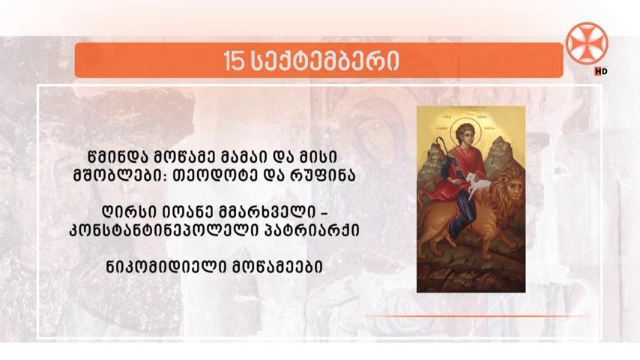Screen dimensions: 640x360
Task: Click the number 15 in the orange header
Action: (x=234, y=61)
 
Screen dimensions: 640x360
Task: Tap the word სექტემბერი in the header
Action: (x=324, y=61)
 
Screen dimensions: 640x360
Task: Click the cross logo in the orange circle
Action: (x=587, y=43)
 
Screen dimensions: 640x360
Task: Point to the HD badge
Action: (x=601, y=71)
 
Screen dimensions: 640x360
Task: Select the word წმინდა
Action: (x=115, y=157)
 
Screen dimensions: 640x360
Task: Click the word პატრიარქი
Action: (x=313, y=231)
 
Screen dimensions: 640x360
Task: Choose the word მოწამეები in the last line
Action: (x=277, y=267)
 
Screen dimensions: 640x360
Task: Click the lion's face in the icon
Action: (x=513, y=192)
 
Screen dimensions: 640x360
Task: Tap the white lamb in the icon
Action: (x=478, y=184)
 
